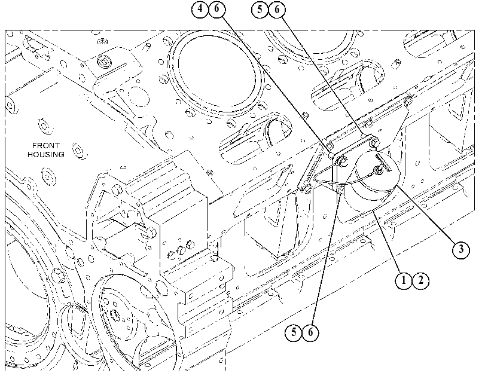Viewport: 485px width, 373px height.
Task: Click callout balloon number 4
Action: coord(200,8)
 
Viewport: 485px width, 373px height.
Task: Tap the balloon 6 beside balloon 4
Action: coord(217,8)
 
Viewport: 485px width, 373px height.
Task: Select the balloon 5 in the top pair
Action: coord(260,10)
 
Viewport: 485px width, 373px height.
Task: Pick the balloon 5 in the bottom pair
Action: coord(293,332)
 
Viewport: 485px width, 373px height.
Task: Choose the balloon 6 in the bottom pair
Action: coord(310,332)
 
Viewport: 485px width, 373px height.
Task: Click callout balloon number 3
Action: coord(461,249)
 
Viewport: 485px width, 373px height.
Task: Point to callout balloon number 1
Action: coord(404,280)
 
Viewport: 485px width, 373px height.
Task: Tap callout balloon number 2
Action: coord(420,280)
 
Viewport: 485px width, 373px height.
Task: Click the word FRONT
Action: coord(46,145)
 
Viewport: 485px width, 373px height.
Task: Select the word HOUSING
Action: coord(46,154)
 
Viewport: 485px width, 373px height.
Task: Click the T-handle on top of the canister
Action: coord(383,163)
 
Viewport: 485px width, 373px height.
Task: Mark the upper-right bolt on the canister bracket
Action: coord(374,142)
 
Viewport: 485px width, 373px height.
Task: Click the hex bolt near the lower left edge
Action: coord(58,274)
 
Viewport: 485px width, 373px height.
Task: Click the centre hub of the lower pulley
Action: coord(115,315)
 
